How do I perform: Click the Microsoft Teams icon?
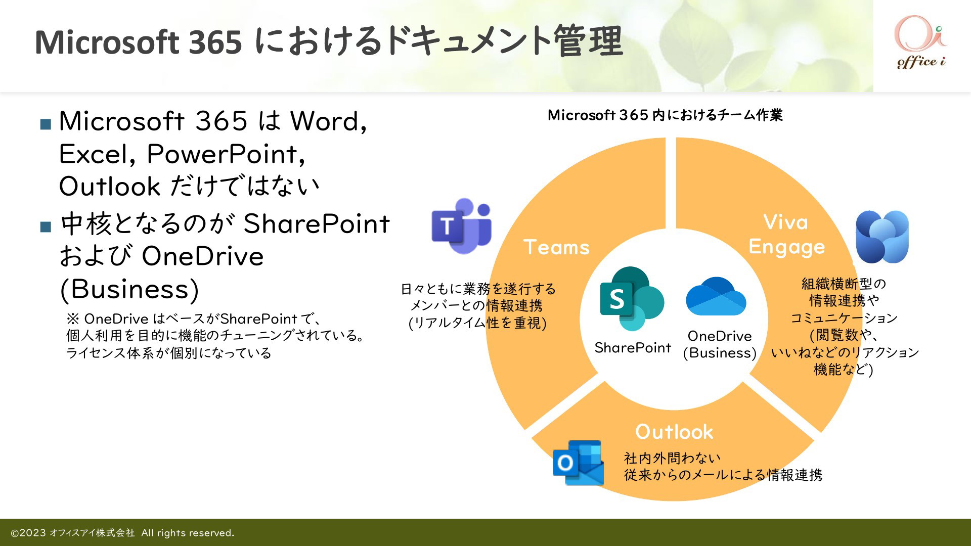point(461,226)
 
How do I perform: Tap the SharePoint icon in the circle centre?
point(632,299)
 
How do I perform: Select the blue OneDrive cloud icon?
point(716,296)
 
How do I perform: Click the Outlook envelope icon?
point(578,462)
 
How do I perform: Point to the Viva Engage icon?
point(882,237)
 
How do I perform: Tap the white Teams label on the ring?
point(556,247)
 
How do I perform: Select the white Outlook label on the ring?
point(674,432)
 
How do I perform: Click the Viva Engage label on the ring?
point(786,235)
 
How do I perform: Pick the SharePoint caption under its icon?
point(633,348)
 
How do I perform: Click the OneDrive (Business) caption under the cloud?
point(720,344)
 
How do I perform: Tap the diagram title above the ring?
point(665,115)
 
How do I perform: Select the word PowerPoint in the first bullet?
point(226,154)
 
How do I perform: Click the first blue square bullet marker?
point(46,124)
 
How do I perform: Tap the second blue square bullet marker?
point(46,226)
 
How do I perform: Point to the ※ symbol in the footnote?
point(73,319)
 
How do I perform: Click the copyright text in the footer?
point(122,533)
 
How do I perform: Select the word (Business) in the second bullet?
point(129,289)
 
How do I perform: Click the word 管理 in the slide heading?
point(588,41)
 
